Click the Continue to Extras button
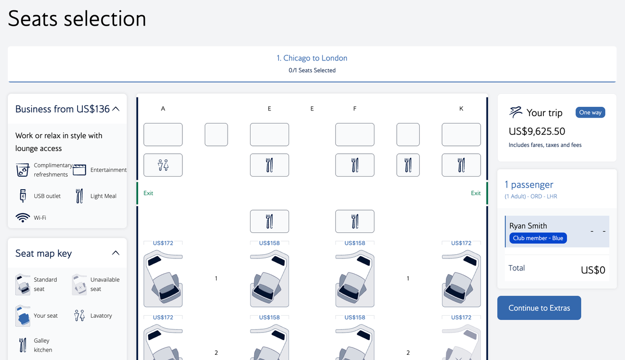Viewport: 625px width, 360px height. [539, 308]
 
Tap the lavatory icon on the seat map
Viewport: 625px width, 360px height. [163, 165]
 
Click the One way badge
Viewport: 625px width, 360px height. [590, 113]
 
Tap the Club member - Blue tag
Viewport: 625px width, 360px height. [537, 238]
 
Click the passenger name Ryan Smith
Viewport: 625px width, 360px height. [528, 226]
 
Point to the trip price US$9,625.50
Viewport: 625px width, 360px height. [537, 131]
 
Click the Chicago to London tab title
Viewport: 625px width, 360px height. [312, 58]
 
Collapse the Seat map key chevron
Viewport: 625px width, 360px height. [116, 253]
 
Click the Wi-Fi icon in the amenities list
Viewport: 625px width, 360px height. [22, 218]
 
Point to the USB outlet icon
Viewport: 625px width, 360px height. [22, 196]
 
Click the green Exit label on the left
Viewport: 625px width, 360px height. [148, 193]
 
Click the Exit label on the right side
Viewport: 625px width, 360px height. [476, 193]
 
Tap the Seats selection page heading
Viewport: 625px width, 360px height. [77, 19]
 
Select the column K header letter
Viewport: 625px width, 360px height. [461, 109]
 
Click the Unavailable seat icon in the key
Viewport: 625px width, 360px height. [79, 284]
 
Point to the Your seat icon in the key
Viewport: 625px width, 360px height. [23, 316]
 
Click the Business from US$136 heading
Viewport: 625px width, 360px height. [63, 109]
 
